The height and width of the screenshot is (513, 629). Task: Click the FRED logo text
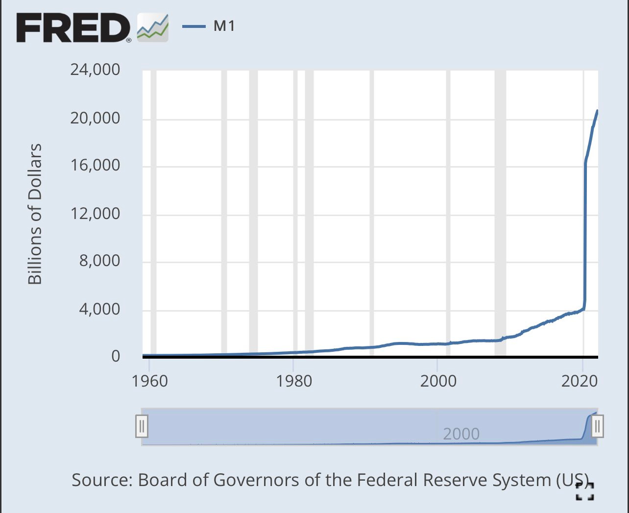pyautogui.click(x=73, y=27)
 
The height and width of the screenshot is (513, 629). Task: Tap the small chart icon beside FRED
pyautogui.click(x=152, y=27)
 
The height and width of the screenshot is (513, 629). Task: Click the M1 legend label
pyautogui.click(x=224, y=26)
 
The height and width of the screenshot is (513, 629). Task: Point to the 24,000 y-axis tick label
pyautogui.click(x=95, y=70)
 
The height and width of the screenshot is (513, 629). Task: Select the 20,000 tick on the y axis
pyautogui.click(x=95, y=118)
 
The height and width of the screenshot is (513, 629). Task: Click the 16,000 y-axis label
pyautogui.click(x=95, y=165)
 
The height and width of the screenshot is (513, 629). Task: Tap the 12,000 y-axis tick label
pyautogui.click(x=95, y=213)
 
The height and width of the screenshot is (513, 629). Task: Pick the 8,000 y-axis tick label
pyautogui.click(x=99, y=261)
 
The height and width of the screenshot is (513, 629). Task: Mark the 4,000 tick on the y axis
pyautogui.click(x=99, y=309)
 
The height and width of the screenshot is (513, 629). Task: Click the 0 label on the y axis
pyautogui.click(x=116, y=356)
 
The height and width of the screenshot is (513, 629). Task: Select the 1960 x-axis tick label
pyautogui.click(x=149, y=381)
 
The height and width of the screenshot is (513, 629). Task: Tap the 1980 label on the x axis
pyautogui.click(x=293, y=381)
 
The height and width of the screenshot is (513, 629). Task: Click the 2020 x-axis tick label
pyautogui.click(x=580, y=381)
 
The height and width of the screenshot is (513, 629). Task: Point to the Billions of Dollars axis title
pyautogui.click(x=35, y=214)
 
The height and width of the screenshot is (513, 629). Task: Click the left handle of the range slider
pyautogui.click(x=142, y=426)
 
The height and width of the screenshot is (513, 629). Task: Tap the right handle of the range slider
pyautogui.click(x=597, y=426)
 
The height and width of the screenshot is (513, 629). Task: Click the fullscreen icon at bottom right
pyautogui.click(x=585, y=491)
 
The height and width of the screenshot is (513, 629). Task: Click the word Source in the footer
pyautogui.click(x=102, y=480)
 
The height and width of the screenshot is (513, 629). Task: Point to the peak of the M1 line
pyautogui.click(x=597, y=111)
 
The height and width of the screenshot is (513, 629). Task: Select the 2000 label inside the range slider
pyautogui.click(x=461, y=434)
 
